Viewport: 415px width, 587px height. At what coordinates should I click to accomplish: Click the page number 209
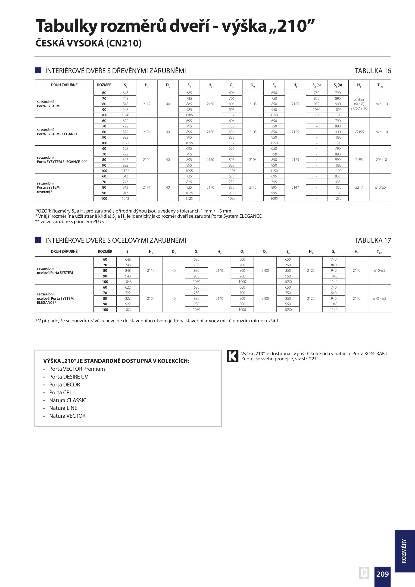click(382, 574)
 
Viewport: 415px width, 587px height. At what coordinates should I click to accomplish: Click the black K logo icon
click(232, 356)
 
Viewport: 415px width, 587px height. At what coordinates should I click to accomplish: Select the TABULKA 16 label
click(373, 71)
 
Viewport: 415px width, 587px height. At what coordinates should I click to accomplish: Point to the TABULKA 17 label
click(373, 241)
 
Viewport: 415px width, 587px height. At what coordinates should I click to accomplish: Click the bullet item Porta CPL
click(61, 392)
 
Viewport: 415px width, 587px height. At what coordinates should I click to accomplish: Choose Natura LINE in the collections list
click(63, 408)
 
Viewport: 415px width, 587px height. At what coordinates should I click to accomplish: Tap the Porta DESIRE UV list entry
click(68, 377)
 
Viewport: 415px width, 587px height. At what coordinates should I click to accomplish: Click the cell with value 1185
click(189, 115)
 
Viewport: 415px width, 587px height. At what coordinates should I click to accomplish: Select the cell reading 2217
click(359, 187)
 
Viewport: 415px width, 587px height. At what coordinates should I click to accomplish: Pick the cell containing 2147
click(295, 187)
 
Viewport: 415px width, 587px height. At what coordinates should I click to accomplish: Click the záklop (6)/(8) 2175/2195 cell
click(359, 104)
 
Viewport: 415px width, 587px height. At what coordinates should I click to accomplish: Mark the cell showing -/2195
click(359, 132)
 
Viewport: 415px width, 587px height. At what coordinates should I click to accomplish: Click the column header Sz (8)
click(338, 85)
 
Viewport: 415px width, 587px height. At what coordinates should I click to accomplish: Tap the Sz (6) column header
click(316, 85)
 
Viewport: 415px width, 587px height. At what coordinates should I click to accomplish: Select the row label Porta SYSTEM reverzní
click(48, 188)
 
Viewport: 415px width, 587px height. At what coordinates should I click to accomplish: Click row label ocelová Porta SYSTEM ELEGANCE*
click(55, 298)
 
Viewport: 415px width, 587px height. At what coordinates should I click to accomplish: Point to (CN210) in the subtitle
click(124, 43)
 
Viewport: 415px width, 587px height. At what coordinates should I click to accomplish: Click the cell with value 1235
click(338, 198)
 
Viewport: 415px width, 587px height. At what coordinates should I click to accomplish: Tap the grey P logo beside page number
click(364, 573)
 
